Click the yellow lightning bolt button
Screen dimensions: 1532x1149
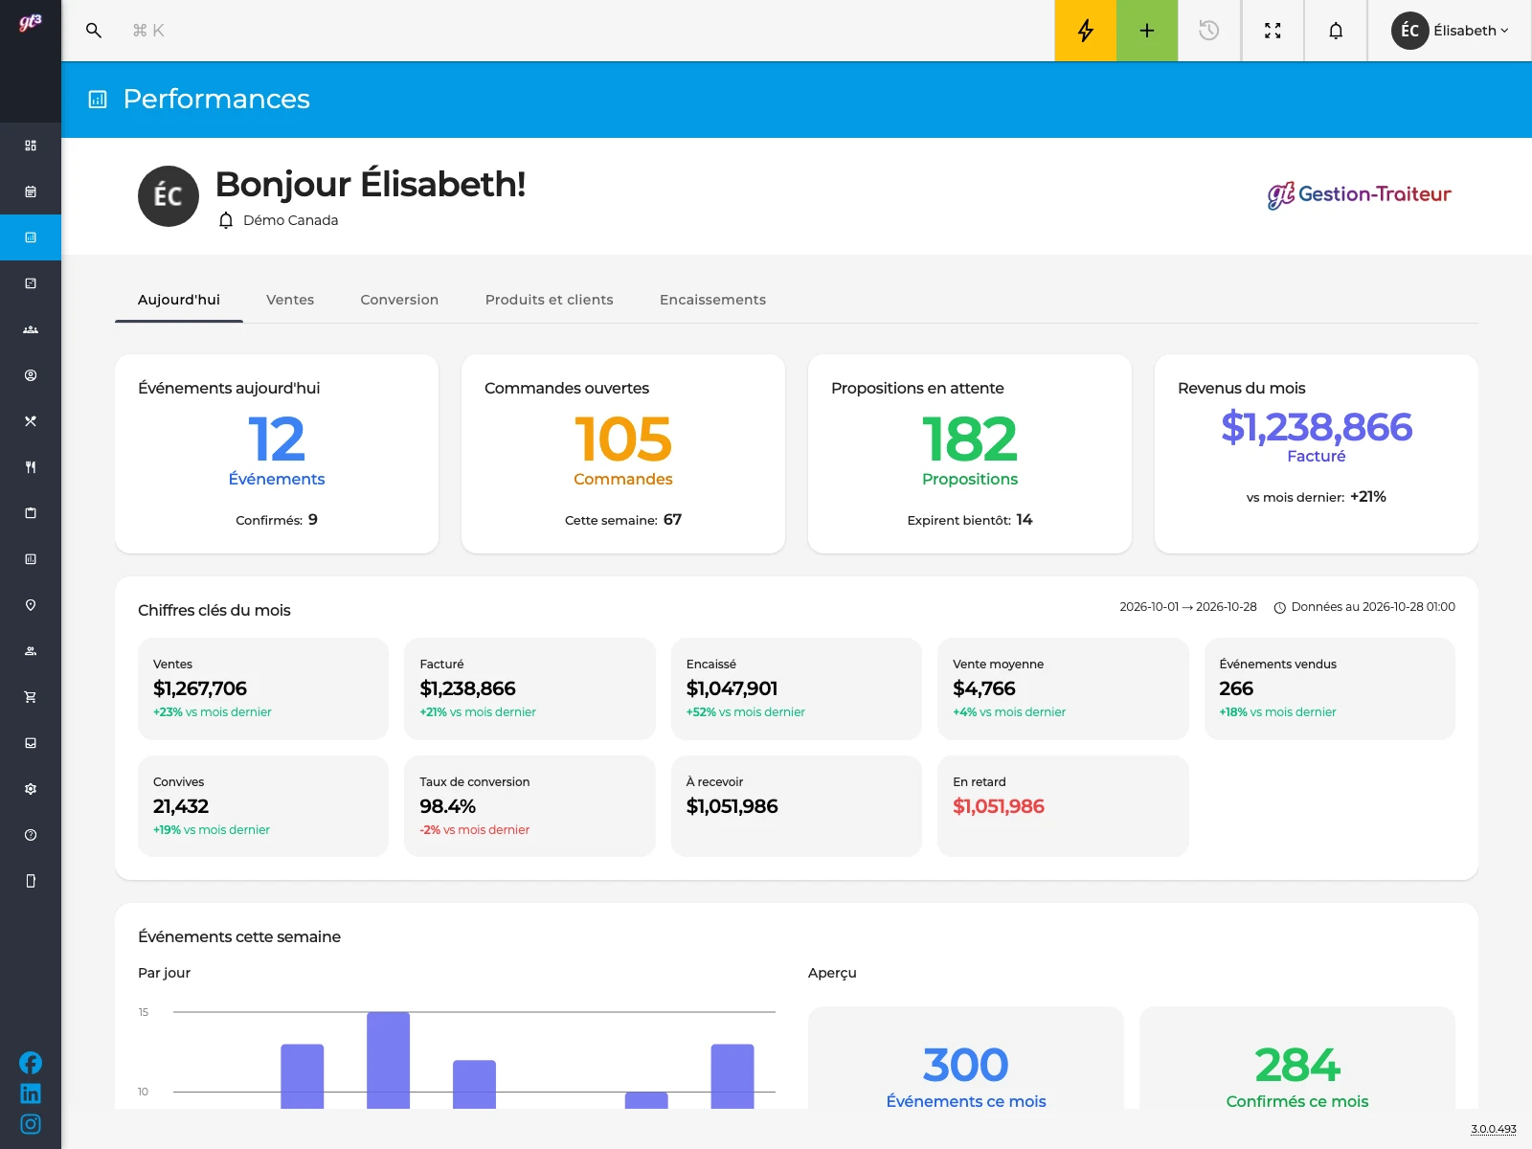(x=1085, y=31)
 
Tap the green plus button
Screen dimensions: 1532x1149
(x=1147, y=31)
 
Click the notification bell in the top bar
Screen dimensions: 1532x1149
(x=1335, y=31)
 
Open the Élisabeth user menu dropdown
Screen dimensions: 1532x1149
(x=1450, y=31)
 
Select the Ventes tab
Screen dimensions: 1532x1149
(x=290, y=300)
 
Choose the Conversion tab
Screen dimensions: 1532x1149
(x=399, y=300)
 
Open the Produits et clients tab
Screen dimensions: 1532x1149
(x=549, y=300)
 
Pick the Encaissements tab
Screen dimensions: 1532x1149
(x=712, y=300)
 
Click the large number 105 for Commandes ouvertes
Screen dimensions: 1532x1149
(x=623, y=439)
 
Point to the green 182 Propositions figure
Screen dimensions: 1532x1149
(x=969, y=439)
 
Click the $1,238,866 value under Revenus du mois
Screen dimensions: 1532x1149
(x=1317, y=427)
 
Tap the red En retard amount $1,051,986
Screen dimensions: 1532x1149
(x=998, y=806)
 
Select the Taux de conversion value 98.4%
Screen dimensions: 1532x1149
(x=447, y=806)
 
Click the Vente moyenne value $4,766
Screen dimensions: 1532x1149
(x=984, y=688)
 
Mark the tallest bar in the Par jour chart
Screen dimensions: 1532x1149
(x=388, y=1060)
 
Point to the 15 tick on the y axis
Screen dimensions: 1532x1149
(x=143, y=1012)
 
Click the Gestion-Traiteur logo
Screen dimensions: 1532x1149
(x=1359, y=194)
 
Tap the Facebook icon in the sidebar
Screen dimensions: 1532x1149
(x=30, y=1063)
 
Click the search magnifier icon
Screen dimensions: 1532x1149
(x=94, y=31)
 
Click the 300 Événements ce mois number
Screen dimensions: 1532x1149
(x=965, y=1065)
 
